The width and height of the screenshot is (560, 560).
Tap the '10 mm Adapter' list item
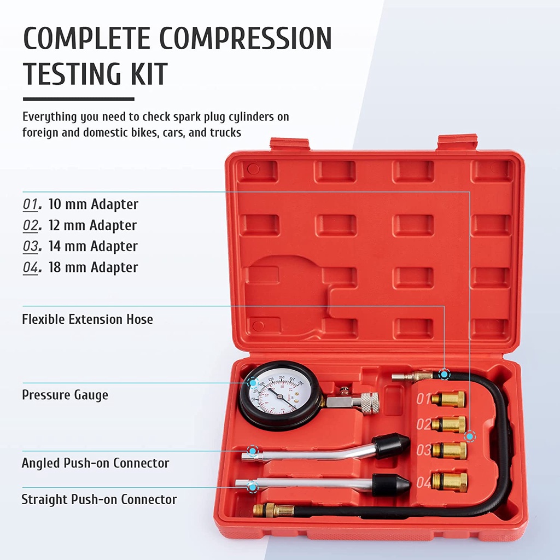point(93,205)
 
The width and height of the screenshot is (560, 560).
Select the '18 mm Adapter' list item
point(93,267)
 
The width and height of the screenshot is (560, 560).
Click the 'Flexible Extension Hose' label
point(87,319)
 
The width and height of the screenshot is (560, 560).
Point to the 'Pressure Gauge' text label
point(65,395)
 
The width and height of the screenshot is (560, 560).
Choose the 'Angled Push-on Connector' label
point(95,463)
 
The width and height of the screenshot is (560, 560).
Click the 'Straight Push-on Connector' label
point(99,499)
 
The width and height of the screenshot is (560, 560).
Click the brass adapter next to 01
point(448,399)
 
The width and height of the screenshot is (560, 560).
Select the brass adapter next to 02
point(448,424)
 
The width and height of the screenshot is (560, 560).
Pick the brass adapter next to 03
point(449,451)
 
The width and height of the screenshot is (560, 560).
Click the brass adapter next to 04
point(449,482)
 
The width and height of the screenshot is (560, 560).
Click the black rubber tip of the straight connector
point(391,484)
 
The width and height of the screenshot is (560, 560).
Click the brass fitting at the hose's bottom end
point(273,511)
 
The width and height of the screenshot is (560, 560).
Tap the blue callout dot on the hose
point(444,375)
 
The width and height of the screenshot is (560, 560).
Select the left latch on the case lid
point(290,144)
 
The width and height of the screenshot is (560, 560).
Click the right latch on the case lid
point(457,142)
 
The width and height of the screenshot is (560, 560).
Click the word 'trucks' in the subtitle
point(222,132)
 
